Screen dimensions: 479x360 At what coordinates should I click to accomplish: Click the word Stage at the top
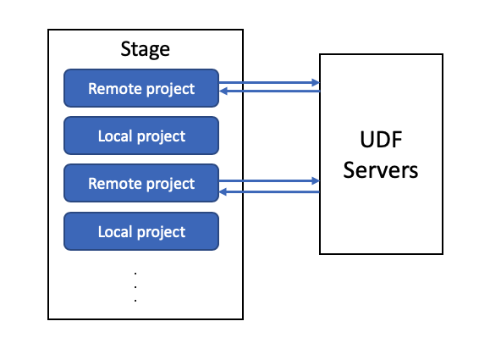(145, 49)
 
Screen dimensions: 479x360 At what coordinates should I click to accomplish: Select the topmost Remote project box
(141, 88)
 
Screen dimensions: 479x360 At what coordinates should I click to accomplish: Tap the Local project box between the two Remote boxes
(141, 136)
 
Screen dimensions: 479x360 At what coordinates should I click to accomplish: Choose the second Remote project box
(141, 183)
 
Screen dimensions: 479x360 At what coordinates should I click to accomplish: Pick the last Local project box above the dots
(141, 231)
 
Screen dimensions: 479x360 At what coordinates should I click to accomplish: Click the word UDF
(381, 140)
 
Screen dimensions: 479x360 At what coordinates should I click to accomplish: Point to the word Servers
(381, 170)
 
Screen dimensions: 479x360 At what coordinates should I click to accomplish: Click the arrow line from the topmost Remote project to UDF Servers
(269, 82)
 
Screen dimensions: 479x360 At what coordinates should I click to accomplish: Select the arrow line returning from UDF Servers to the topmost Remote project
(269, 91)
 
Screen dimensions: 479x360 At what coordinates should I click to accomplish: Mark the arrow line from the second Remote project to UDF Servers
(269, 181)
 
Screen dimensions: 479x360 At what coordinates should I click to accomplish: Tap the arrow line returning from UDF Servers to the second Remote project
(269, 192)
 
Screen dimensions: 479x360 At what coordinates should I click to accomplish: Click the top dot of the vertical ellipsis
(135, 274)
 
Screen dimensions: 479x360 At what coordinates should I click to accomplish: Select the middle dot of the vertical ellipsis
(135, 287)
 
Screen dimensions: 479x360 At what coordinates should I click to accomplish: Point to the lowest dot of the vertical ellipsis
(135, 301)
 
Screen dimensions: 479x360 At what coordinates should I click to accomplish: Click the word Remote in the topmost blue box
(115, 89)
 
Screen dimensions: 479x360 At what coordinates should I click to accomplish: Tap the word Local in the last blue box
(115, 231)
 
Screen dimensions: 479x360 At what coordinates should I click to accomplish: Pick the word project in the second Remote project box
(170, 185)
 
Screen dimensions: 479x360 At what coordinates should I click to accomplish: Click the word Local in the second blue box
(115, 136)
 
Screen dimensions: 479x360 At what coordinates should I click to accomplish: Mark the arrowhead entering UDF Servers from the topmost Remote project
(316, 82)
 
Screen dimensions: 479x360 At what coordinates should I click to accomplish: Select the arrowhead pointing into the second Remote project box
(223, 192)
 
